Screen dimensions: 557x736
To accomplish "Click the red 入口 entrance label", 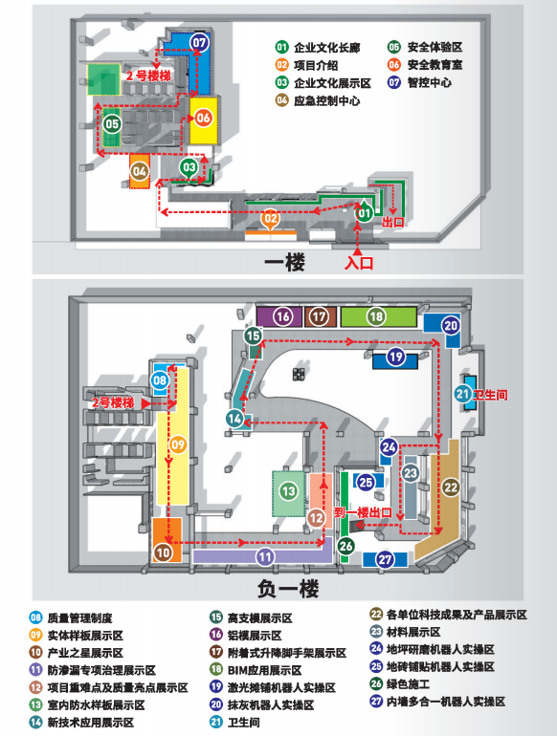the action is pyautogui.click(x=359, y=262).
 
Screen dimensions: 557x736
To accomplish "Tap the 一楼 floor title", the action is pyautogui.click(x=284, y=262).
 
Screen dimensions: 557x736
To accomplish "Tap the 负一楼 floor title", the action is pyautogui.click(x=288, y=588).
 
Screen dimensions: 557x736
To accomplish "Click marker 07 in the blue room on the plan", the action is pyautogui.click(x=199, y=43).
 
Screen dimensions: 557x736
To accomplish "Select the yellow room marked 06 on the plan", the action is pyautogui.click(x=204, y=120).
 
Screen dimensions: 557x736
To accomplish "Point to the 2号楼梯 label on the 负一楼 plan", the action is pyautogui.click(x=113, y=402).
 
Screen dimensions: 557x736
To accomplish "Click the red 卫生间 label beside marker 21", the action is pyautogui.click(x=490, y=395).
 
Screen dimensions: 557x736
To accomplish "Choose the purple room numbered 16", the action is pyautogui.click(x=279, y=316).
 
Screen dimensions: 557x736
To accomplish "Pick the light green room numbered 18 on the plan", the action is pyautogui.click(x=378, y=316).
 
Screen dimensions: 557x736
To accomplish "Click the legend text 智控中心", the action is pyautogui.click(x=429, y=82).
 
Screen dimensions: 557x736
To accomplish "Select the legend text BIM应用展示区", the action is pyautogui.click(x=265, y=670).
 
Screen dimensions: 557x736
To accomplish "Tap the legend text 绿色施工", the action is pyautogui.click(x=408, y=683).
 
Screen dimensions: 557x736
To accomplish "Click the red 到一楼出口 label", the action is pyautogui.click(x=363, y=512).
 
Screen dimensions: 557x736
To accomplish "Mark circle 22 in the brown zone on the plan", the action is pyautogui.click(x=451, y=487).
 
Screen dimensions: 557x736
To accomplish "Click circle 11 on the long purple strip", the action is pyautogui.click(x=265, y=557).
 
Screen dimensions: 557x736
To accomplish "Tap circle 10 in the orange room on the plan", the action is pyautogui.click(x=163, y=552).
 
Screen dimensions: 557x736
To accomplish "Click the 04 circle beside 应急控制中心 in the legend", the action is pyautogui.click(x=282, y=100).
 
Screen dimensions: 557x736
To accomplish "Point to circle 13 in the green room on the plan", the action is pyautogui.click(x=288, y=491).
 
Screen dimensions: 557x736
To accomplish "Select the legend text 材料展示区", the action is pyautogui.click(x=413, y=632).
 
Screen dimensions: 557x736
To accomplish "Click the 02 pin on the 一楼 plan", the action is pyautogui.click(x=271, y=219).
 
